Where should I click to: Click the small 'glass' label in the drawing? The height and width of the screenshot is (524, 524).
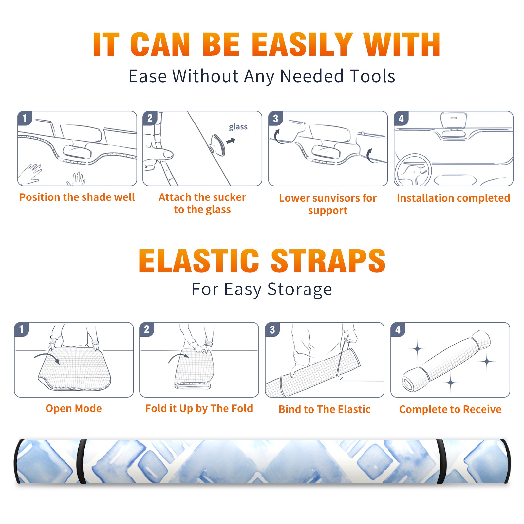click(238, 127)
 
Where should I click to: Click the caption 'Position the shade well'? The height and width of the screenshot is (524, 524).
click(77, 197)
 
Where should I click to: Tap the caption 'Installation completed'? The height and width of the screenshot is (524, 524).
click(453, 198)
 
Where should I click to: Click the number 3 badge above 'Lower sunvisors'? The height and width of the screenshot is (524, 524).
click(275, 118)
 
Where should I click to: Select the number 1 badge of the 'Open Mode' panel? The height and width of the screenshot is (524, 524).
click(21, 329)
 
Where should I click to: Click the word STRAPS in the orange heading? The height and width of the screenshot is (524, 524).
click(328, 261)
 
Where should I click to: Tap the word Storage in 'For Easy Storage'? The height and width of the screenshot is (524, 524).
click(300, 290)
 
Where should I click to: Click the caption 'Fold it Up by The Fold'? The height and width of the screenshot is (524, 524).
click(199, 409)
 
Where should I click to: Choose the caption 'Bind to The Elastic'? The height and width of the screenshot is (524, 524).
click(325, 409)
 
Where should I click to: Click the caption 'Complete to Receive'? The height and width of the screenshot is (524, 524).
click(450, 409)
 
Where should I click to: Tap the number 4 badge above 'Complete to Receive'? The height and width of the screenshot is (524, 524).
click(398, 329)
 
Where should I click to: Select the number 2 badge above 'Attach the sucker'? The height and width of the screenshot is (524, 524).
click(150, 118)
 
